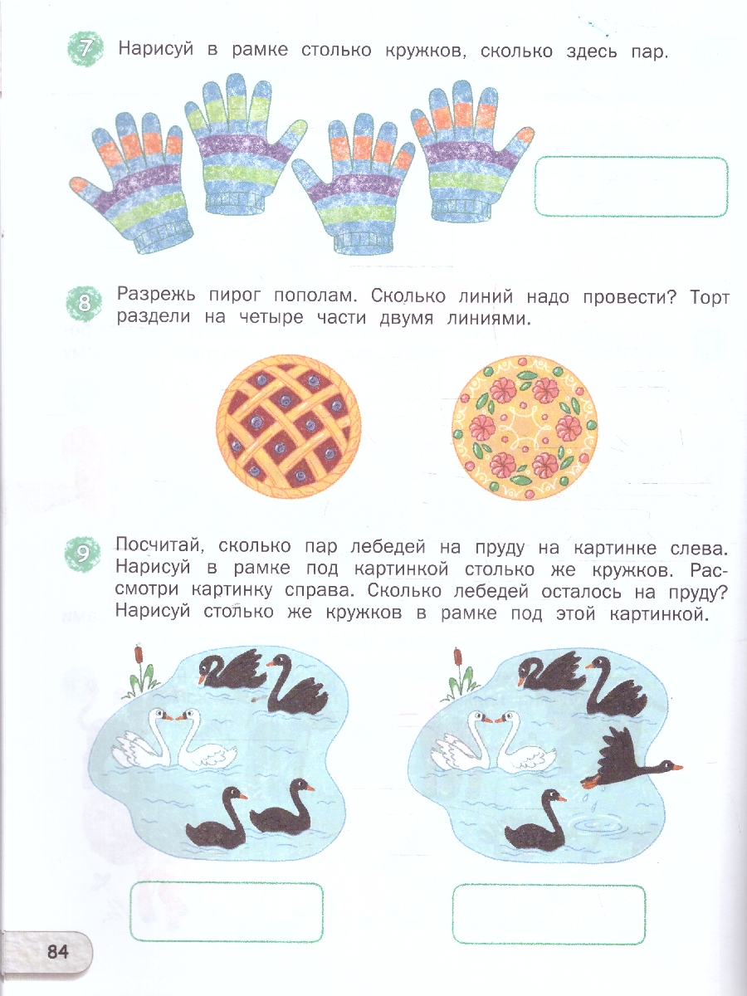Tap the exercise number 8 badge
85,303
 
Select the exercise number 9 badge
83,554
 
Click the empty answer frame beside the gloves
632,157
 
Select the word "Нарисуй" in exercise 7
156,50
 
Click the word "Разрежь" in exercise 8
157,295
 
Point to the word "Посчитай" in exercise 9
158,545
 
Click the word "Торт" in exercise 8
710,298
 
